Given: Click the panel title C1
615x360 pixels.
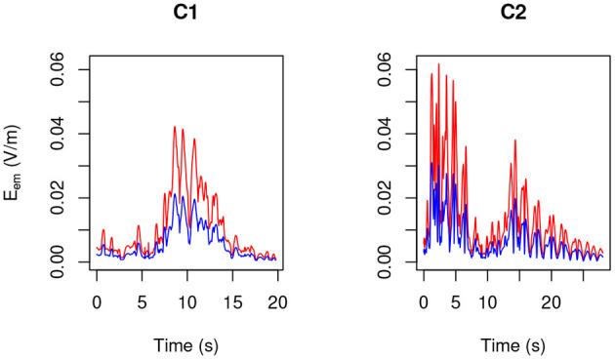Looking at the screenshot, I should point(186,14).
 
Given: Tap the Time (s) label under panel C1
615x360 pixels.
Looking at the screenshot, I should point(186,345).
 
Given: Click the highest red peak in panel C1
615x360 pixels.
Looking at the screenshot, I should point(175,127).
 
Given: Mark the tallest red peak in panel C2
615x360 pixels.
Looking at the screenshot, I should point(438,64).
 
